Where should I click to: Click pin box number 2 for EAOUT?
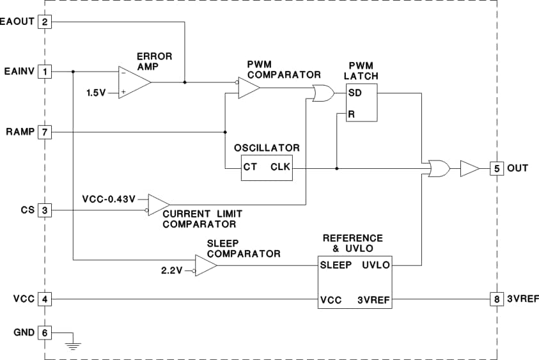45,22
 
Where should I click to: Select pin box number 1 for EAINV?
45,71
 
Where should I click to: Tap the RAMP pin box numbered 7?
45,132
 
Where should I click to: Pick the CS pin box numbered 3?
45,210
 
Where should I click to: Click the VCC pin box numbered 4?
45,299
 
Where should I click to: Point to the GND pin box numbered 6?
45,333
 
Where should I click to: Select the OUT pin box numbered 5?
497,168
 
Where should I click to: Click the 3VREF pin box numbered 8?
497,299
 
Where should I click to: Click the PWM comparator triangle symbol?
248,88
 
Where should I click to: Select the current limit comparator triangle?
158,205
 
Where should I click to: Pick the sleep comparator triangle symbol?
205,265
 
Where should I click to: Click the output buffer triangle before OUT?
469,168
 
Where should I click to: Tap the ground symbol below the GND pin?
74,346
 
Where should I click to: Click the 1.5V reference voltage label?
97,93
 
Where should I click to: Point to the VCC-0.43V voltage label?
109,199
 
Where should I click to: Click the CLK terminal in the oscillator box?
280,168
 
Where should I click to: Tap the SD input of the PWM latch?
355,93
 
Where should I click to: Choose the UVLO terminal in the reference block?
375,265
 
